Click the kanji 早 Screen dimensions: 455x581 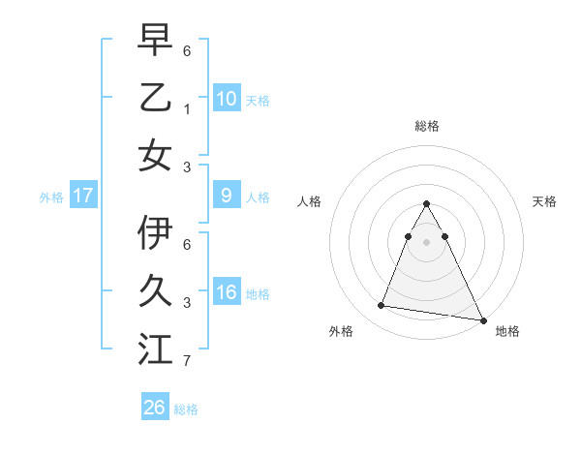tap(155, 41)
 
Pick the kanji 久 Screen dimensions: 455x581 tap(155, 291)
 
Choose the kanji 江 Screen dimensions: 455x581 tap(155, 349)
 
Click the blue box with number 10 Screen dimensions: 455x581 tap(226, 98)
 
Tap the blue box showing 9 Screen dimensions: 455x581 tap(226, 196)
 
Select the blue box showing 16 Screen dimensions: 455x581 tap(226, 292)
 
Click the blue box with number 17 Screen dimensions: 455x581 tap(83, 196)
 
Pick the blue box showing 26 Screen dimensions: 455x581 tap(155, 408)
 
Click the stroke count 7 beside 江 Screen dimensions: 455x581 tap(187, 362)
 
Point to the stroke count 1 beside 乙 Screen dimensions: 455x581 tap(187, 109)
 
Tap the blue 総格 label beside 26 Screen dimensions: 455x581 tap(186, 409)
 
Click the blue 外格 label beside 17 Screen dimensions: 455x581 tap(51, 197)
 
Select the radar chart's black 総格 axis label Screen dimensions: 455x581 tap(427, 126)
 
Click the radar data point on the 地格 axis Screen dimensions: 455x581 tap(483, 319)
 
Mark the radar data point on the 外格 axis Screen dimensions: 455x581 tap(381, 306)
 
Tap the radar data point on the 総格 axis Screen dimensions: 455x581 tap(427, 204)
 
